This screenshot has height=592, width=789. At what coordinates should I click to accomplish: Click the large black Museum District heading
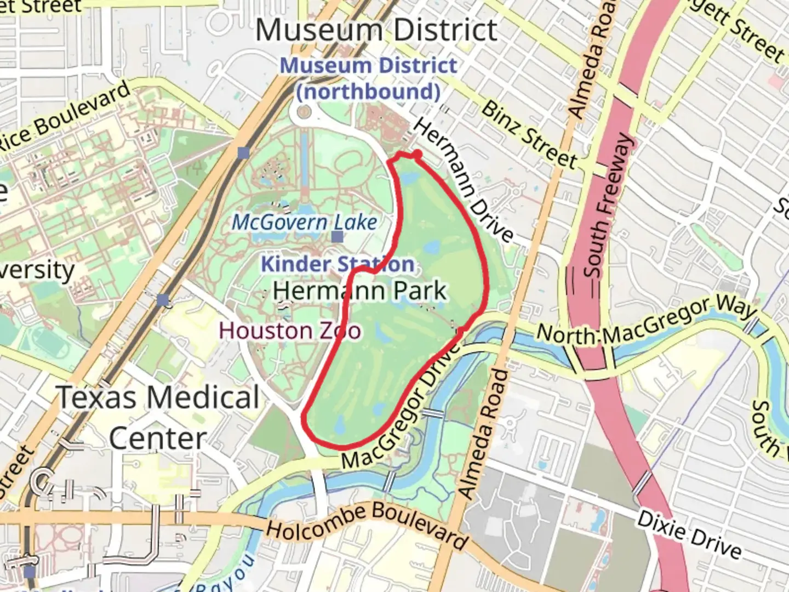pos(376,30)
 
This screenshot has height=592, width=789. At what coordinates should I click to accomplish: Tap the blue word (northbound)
pos(368,91)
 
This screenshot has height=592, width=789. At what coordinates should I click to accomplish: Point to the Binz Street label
pos(529,134)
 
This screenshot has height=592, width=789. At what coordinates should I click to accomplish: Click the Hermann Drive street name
pos(464,180)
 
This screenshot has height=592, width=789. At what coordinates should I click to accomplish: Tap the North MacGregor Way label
pos(647,320)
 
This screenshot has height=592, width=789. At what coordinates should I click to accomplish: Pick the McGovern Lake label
pos(305,222)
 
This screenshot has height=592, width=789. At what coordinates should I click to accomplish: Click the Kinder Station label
pos(337,264)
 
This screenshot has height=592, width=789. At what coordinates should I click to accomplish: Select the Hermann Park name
pos(360,291)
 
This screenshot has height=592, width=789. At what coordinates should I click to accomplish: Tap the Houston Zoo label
pos(290,331)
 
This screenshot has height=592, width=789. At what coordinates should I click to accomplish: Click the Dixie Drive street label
pos(689,533)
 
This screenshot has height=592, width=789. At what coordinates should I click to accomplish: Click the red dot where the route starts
pos(417,155)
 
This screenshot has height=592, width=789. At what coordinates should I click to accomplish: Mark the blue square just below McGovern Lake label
pos(338,237)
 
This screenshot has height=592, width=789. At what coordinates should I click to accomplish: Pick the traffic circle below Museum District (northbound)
pos(304,112)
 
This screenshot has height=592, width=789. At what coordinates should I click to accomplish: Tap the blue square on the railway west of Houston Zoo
pos(163,300)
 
